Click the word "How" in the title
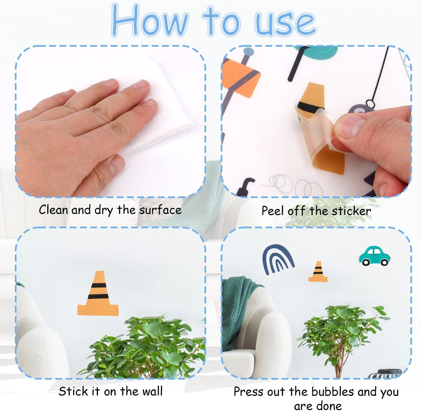point(149,20)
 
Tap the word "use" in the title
point(285,24)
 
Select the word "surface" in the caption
point(160,210)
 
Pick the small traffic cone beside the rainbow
point(318,272)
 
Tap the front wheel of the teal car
point(384,262)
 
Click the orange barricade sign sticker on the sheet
point(241,78)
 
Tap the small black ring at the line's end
point(370,103)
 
